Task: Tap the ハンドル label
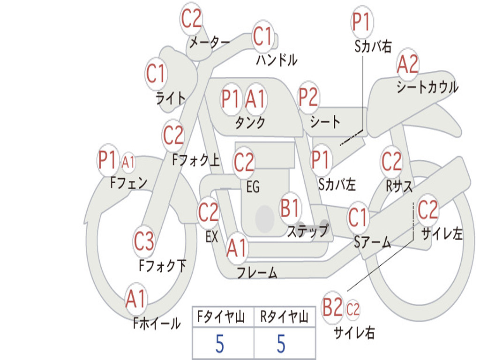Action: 277,60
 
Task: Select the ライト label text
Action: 170,98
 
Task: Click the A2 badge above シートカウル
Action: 407,65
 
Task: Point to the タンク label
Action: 250,123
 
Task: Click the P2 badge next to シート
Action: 308,97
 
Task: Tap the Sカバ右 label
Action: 373,46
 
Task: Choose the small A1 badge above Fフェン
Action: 128,162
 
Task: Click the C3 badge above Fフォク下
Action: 144,241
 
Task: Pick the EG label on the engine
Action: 253,187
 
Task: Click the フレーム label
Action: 257,273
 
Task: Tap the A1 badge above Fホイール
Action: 136,299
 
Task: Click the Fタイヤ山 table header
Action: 222,318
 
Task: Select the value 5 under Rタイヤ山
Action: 281,344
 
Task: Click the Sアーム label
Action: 372,242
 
